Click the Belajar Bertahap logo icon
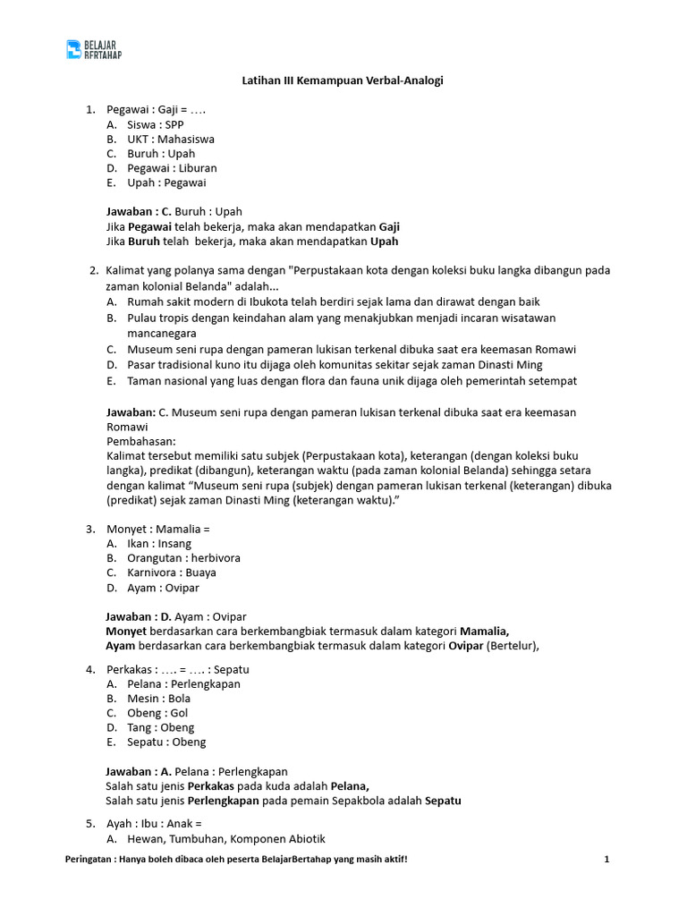tap(74, 49)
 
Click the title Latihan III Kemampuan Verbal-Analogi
tap(343, 81)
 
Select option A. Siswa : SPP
tap(155, 124)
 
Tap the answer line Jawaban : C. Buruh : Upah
tap(174, 212)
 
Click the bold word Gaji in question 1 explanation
tap(389, 226)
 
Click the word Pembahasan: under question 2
tap(141, 441)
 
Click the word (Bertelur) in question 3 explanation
tap(513, 645)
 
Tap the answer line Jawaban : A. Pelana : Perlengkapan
tap(197, 771)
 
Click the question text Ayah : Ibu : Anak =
tap(154, 823)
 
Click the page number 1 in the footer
tap(606, 860)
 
